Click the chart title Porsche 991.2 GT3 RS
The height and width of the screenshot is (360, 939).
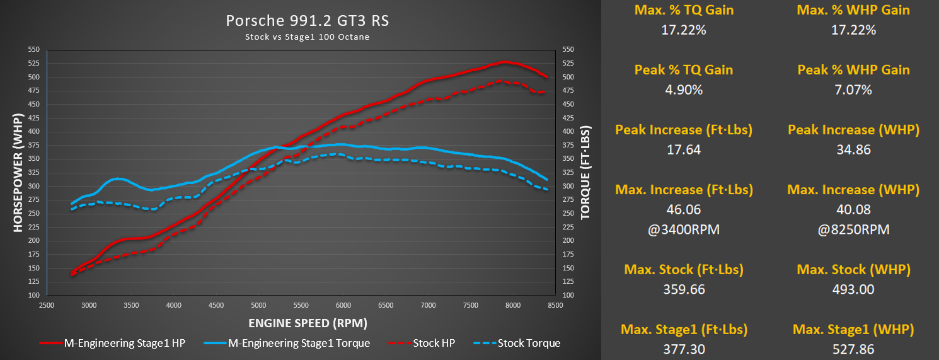[308, 21]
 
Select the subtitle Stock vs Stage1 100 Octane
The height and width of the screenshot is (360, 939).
[308, 37]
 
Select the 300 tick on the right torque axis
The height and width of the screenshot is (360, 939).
[568, 186]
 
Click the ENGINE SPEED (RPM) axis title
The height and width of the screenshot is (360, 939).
[308, 323]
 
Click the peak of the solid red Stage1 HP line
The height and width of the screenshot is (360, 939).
[504, 62]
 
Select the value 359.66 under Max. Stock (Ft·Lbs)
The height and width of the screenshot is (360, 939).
[684, 289]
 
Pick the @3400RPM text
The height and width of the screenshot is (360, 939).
[684, 229]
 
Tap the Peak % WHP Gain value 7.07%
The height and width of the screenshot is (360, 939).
[854, 90]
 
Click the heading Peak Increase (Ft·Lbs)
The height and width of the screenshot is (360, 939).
[684, 130]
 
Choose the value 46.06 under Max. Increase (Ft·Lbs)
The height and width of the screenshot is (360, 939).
[684, 209]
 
